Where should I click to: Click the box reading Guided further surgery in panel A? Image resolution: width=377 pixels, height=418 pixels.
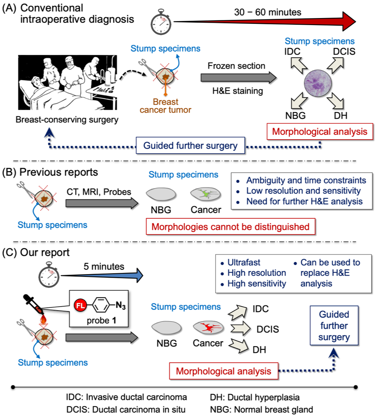click(x=190, y=145)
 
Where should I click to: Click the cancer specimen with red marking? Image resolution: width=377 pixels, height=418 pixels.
click(x=208, y=327)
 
